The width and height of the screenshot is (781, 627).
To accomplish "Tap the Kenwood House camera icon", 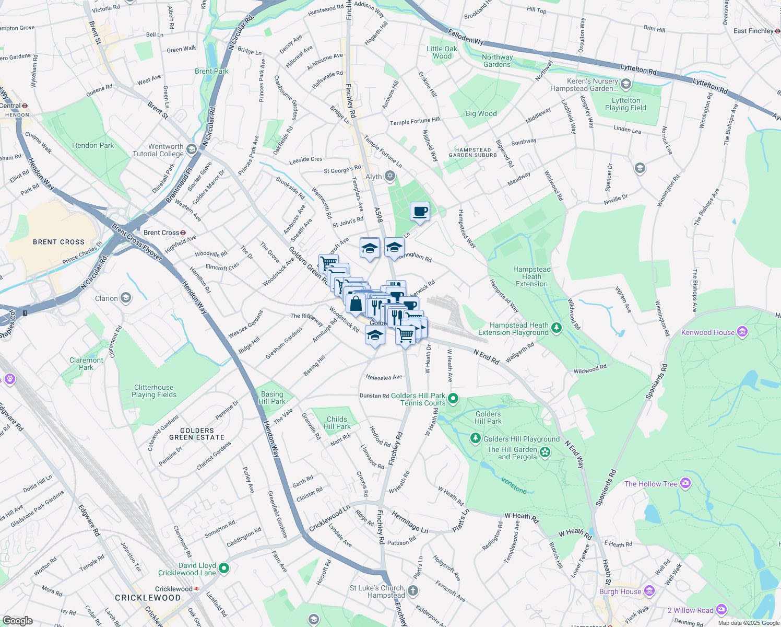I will (742, 332).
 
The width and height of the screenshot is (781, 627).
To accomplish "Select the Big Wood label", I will (481, 113).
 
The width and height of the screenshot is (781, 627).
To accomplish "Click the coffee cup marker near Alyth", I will (420, 212).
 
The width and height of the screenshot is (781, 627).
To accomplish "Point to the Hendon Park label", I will (93, 145).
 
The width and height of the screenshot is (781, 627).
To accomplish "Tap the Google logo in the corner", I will (17, 620).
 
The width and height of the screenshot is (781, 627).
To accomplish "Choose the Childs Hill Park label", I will (337, 423).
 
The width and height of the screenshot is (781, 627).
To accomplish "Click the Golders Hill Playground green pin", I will (475, 438).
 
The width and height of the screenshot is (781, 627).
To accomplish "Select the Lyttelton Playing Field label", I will (625, 104).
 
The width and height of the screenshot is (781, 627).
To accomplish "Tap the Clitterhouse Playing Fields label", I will (154, 391).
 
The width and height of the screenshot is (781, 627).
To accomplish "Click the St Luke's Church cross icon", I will (413, 590).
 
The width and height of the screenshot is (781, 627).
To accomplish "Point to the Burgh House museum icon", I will (649, 591).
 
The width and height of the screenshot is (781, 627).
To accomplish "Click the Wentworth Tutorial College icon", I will (192, 150).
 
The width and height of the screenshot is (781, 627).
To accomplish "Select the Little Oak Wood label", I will (442, 52).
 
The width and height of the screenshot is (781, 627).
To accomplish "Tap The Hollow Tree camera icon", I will (686, 483).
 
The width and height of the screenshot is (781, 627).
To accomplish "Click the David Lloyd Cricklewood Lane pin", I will (224, 568).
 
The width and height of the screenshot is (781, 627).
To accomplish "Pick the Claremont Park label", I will (86, 364).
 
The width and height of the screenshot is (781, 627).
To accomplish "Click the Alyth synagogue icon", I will (390, 176).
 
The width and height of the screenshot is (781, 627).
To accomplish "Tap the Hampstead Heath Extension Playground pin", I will (557, 328).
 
